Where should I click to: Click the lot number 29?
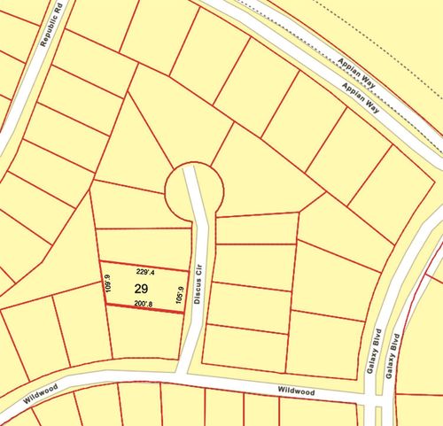click(141, 289)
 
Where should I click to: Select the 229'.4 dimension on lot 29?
click(147, 272)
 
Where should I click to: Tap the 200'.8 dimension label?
click(144, 304)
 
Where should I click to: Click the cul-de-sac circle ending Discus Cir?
click(193, 188)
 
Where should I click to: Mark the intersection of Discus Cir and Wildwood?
click(186, 377)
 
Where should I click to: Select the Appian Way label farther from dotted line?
click(358, 89)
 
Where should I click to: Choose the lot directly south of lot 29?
click(144, 332)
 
